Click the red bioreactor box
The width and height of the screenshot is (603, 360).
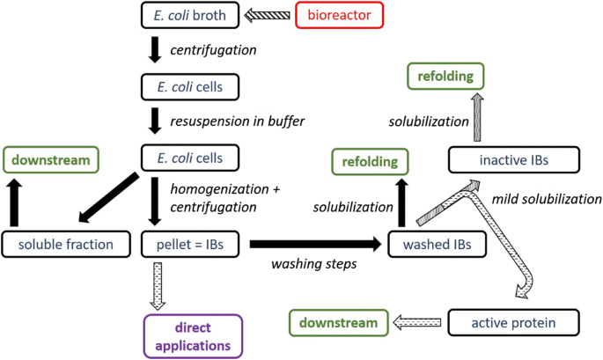click(339, 14)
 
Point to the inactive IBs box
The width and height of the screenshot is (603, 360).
click(513, 160)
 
